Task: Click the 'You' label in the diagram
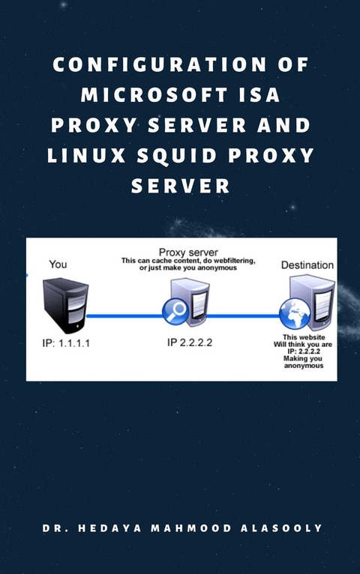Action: [58, 264]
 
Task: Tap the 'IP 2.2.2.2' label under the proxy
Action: [189, 342]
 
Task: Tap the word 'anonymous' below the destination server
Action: [303, 366]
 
